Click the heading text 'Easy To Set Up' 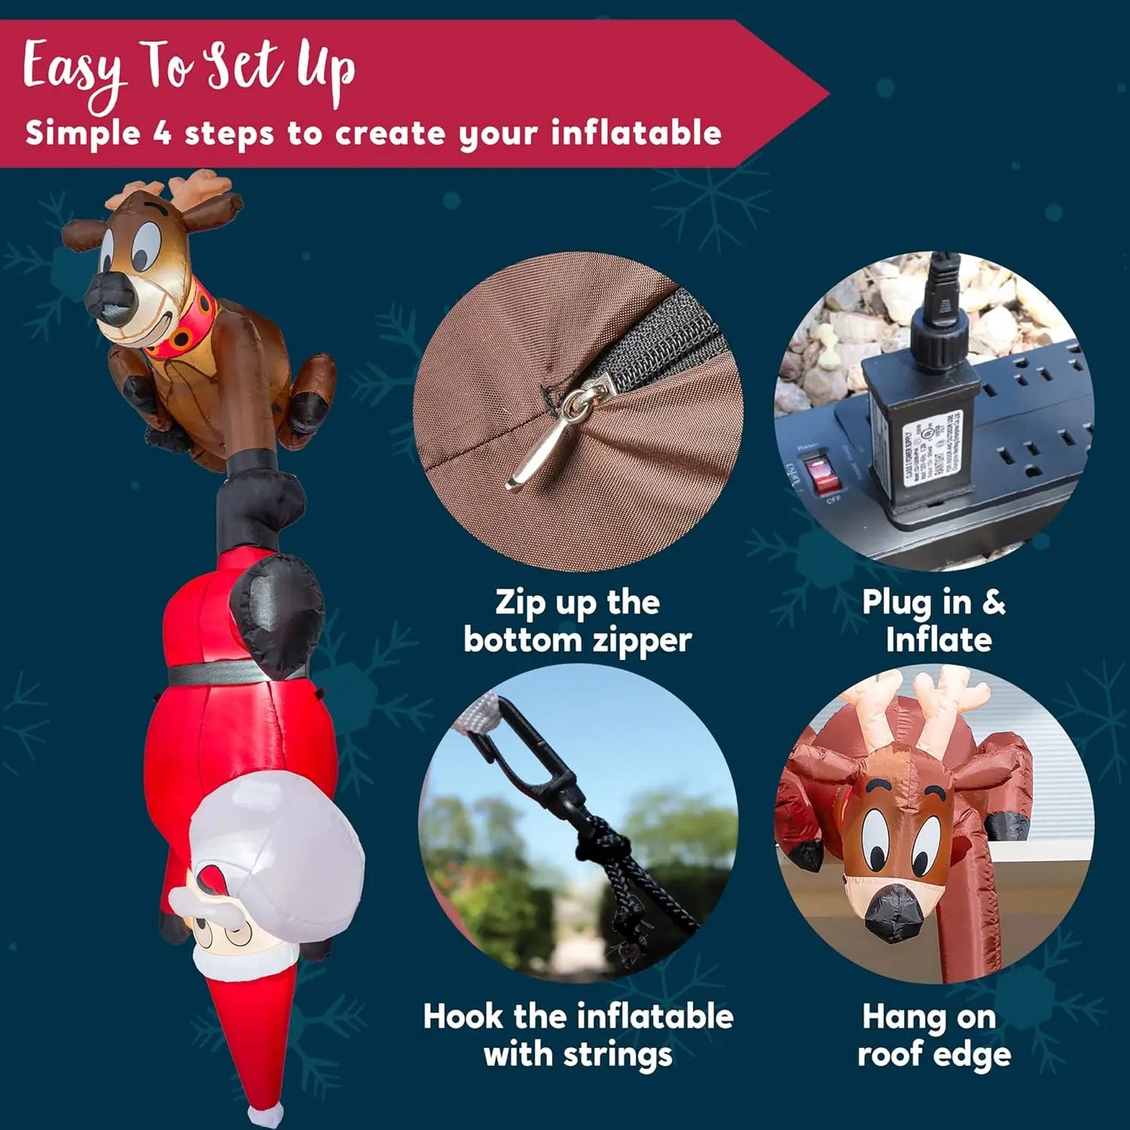(x=188, y=70)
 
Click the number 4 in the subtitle (x=162, y=133)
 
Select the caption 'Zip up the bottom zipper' (x=577, y=621)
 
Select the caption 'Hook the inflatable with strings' (x=578, y=1035)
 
